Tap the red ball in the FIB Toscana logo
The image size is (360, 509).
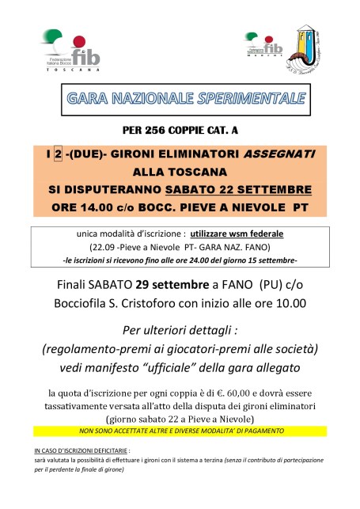click(78, 42)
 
